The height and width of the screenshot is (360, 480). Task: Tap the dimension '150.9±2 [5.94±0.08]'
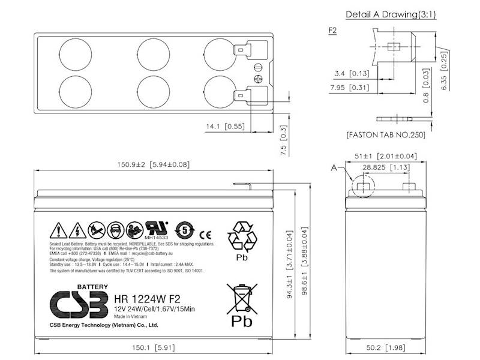point(154,163)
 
